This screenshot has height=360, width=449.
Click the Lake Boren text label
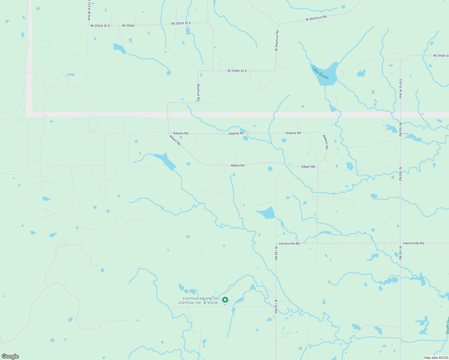(x=320, y=73)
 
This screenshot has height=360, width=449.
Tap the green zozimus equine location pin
(x=225, y=300)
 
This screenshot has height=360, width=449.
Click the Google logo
(x=10, y=356)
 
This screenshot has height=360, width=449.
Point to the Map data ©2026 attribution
(x=436, y=358)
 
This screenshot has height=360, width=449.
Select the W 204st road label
(x=128, y=26)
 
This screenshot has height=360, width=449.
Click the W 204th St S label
(x=237, y=71)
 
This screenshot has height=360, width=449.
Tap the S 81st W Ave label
(x=400, y=89)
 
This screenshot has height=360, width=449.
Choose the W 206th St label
(x=441, y=56)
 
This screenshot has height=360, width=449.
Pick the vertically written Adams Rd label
(x=326, y=142)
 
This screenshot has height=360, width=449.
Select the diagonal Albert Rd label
(x=175, y=140)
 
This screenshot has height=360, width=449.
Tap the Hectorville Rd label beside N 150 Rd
(x=289, y=244)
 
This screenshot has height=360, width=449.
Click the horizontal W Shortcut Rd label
(x=316, y=18)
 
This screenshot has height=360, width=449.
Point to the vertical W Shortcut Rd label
(x=277, y=40)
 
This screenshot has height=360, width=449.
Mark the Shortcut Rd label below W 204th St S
(x=198, y=92)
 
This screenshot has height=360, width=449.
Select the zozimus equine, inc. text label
(x=201, y=298)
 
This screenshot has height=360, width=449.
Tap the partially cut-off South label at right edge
(x=447, y=325)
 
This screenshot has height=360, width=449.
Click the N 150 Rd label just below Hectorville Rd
(x=276, y=253)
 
